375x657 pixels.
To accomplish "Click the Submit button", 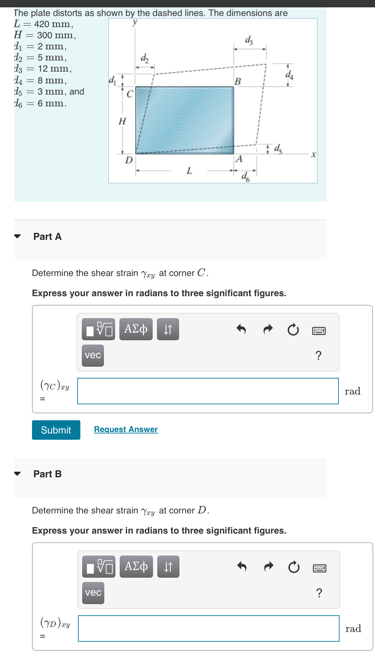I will [x=56, y=430].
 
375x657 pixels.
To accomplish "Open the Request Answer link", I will [x=126, y=429].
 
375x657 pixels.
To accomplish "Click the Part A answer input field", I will [x=208, y=391].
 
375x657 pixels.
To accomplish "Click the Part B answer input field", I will [x=208, y=628].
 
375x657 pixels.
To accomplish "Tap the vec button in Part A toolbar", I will [x=93, y=355].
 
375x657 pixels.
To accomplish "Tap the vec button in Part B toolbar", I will [x=93, y=593].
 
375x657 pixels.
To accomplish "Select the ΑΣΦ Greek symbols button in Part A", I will [x=136, y=329].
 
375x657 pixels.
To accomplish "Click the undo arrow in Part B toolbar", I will [x=242, y=567].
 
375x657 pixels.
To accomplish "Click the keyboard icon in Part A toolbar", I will [x=319, y=331].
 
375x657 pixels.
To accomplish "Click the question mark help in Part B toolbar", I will [x=319, y=593].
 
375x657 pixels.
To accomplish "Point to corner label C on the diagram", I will [x=130, y=94].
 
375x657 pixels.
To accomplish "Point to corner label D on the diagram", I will [x=129, y=160].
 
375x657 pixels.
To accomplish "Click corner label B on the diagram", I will [x=238, y=81].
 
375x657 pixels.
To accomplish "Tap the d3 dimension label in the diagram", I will [x=249, y=40].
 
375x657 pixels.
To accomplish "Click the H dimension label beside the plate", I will [x=122, y=121].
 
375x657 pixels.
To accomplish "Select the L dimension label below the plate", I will [x=189, y=171].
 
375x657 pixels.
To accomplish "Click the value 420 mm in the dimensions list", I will [x=53, y=24].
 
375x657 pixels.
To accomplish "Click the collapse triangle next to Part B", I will [x=17, y=474].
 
